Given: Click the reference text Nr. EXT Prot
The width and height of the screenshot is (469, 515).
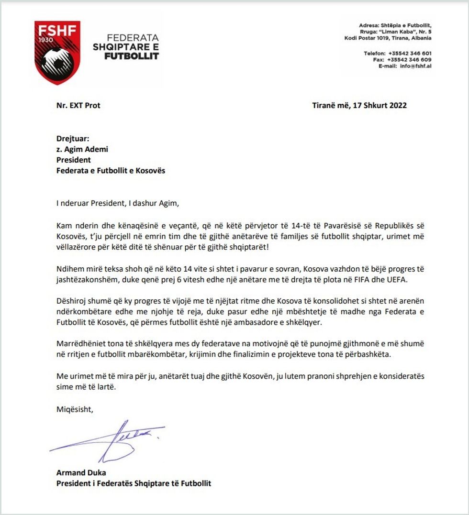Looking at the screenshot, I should (78, 105).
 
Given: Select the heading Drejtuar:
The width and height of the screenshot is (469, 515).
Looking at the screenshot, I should (73, 139).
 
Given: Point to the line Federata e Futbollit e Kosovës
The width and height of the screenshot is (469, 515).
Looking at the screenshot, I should (111, 170).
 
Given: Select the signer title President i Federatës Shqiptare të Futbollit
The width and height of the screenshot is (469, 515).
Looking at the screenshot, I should (134, 483).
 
